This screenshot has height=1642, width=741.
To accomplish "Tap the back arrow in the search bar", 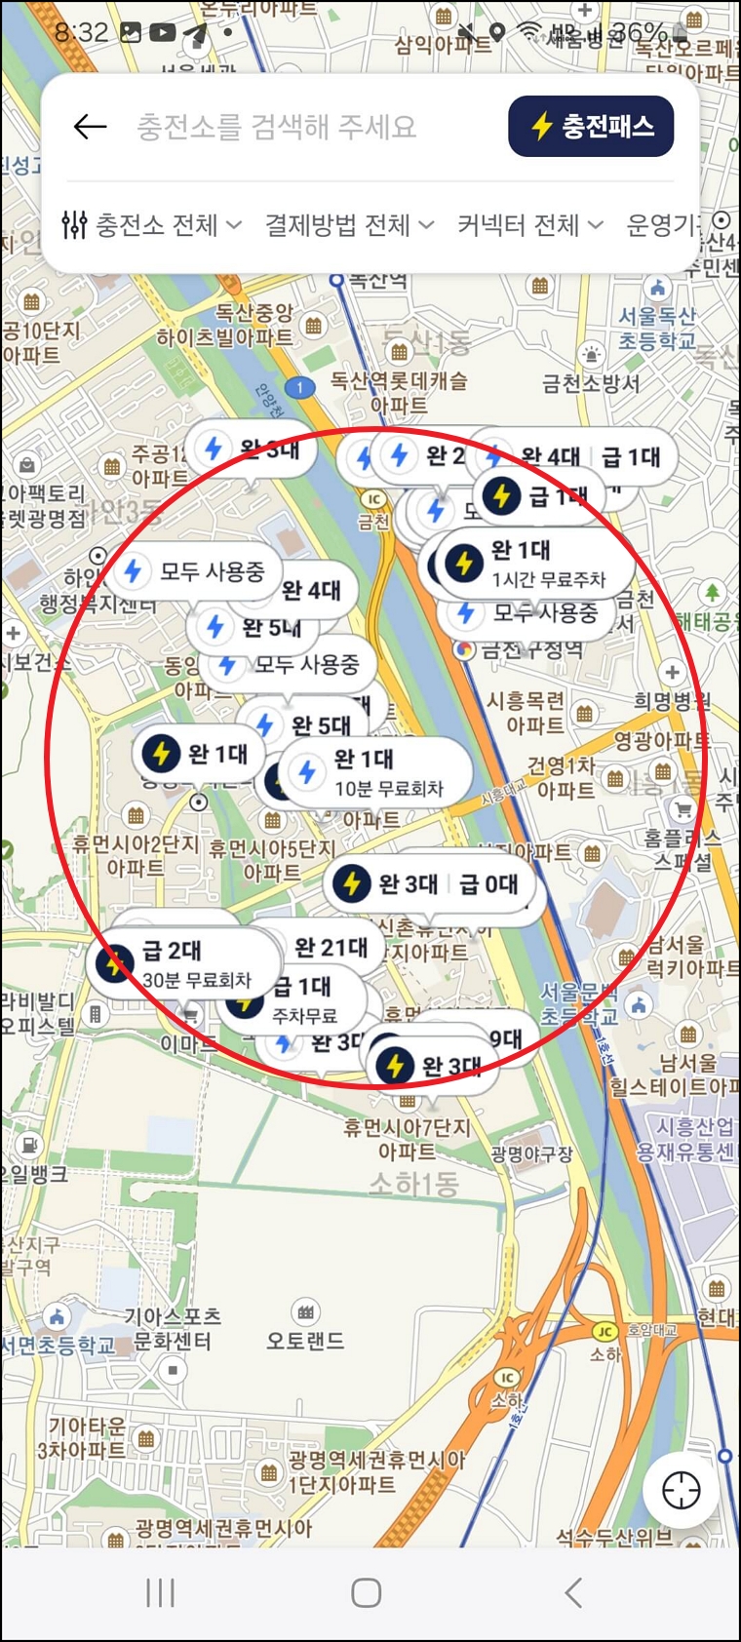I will pyautogui.click(x=90, y=126).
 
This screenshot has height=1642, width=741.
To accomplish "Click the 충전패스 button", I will pyautogui.click(x=591, y=126).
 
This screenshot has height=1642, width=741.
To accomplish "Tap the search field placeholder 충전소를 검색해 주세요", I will pyautogui.click(x=276, y=127).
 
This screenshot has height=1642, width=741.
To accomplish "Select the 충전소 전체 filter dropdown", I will pyautogui.click(x=152, y=225).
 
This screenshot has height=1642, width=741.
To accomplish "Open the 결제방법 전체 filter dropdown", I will pyautogui.click(x=349, y=225).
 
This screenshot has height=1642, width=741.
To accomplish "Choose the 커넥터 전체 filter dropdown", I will pyautogui.click(x=529, y=225).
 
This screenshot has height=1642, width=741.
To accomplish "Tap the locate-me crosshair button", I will pyautogui.click(x=681, y=1490).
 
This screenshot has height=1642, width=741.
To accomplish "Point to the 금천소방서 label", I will pyautogui.click(x=591, y=383).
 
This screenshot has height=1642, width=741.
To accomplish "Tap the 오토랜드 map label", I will pyautogui.click(x=305, y=1341).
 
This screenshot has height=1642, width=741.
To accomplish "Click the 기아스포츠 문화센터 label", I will pyautogui.click(x=172, y=1329).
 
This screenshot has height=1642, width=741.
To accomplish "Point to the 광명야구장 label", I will pyautogui.click(x=530, y=1154).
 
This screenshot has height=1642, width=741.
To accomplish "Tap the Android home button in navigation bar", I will pyautogui.click(x=366, y=1593).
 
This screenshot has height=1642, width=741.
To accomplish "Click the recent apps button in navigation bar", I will pyautogui.click(x=160, y=1593).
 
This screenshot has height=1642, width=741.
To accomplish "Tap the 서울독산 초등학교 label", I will pyautogui.click(x=657, y=328).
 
